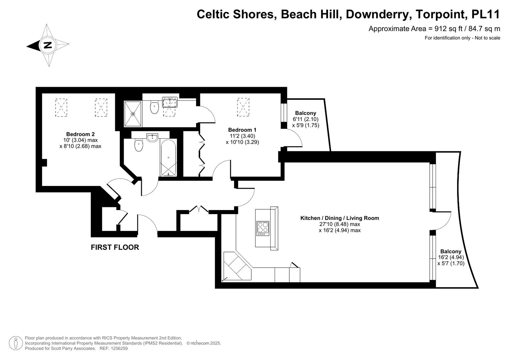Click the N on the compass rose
click(48, 45)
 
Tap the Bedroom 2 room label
click(80, 134)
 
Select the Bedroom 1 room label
click(242, 130)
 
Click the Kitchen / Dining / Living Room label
click(339, 218)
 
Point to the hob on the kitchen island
click(262, 228)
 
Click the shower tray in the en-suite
click(133, 114)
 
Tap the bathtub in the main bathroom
click(168, 158)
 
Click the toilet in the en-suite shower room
click(154, 107)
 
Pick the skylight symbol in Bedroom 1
click(243, 107)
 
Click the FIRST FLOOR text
click(115, 247)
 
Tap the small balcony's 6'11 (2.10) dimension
click(305, 119)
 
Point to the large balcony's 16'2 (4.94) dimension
click(451, 257)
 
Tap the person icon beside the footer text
click(16, 343)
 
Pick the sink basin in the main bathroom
click(152, 138)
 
